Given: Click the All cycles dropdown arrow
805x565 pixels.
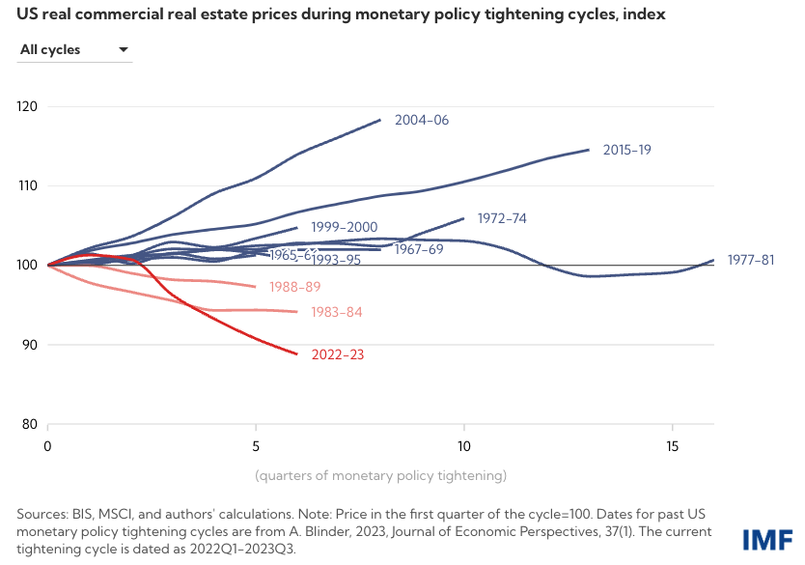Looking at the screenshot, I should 123,49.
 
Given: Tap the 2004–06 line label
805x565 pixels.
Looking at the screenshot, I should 422,121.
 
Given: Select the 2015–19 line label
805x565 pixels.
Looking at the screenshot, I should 627,150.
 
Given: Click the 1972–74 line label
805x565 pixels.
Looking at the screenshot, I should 502,218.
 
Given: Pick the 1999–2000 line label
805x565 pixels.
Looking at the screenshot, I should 344,228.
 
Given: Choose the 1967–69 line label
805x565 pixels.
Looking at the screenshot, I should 419,249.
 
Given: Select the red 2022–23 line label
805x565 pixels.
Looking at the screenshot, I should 338,354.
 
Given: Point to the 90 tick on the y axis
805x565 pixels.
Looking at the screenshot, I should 29,345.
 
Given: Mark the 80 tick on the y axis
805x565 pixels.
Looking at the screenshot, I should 29,424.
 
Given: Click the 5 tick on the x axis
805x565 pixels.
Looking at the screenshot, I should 256,446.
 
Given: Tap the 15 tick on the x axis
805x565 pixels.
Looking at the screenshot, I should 673,446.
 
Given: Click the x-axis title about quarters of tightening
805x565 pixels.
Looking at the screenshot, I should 380,475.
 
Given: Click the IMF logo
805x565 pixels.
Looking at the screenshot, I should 768,539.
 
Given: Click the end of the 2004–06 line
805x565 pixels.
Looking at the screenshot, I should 380,120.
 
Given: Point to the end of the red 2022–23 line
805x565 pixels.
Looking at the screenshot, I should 297,353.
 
